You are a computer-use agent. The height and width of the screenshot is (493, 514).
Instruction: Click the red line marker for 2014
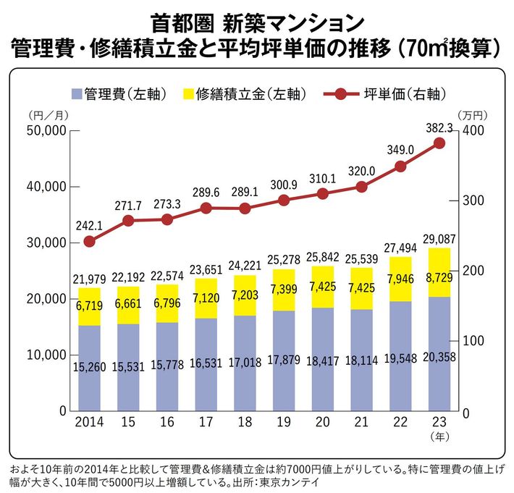tap(90, 241)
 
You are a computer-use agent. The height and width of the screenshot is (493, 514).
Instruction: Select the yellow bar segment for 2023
tap(439, 272)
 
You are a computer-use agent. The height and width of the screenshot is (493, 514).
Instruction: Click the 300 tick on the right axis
tap(471, 201)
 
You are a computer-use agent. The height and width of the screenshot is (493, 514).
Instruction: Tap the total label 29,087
tap(439, 237)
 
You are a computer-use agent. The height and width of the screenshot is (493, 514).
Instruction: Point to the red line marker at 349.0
tap(400, 167)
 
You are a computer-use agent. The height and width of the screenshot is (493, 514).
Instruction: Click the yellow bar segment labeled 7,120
tap(206, 298)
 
